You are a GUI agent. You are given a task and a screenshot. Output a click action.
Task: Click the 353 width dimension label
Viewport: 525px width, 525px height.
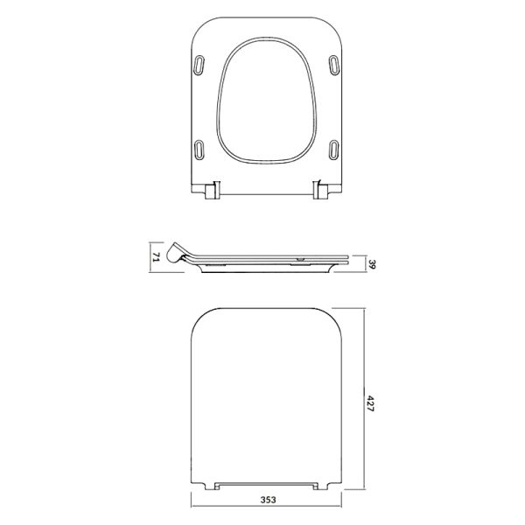[x=268, y=500]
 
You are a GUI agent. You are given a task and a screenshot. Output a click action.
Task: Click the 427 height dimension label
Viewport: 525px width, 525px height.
[x=370, y=403]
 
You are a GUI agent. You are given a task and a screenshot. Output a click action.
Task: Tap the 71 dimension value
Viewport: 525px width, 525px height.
[x=157, y=257]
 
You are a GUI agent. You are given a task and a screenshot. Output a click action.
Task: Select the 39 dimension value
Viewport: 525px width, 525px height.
[x=371, y=264]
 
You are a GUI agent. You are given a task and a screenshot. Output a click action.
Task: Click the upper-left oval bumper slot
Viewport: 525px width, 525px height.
[x=199, y=65]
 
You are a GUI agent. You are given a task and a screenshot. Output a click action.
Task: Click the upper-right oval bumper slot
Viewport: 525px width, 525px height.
[x=334, y=65]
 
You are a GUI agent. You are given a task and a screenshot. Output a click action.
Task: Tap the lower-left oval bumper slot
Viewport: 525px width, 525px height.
[x=199, y=150]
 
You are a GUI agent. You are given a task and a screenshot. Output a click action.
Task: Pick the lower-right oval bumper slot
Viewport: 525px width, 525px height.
[x=334, y=150]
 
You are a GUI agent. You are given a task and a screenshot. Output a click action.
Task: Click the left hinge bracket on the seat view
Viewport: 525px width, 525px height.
[x=213, y=191]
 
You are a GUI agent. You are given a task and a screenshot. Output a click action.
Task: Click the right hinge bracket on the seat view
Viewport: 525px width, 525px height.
[x=320, y=190]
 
